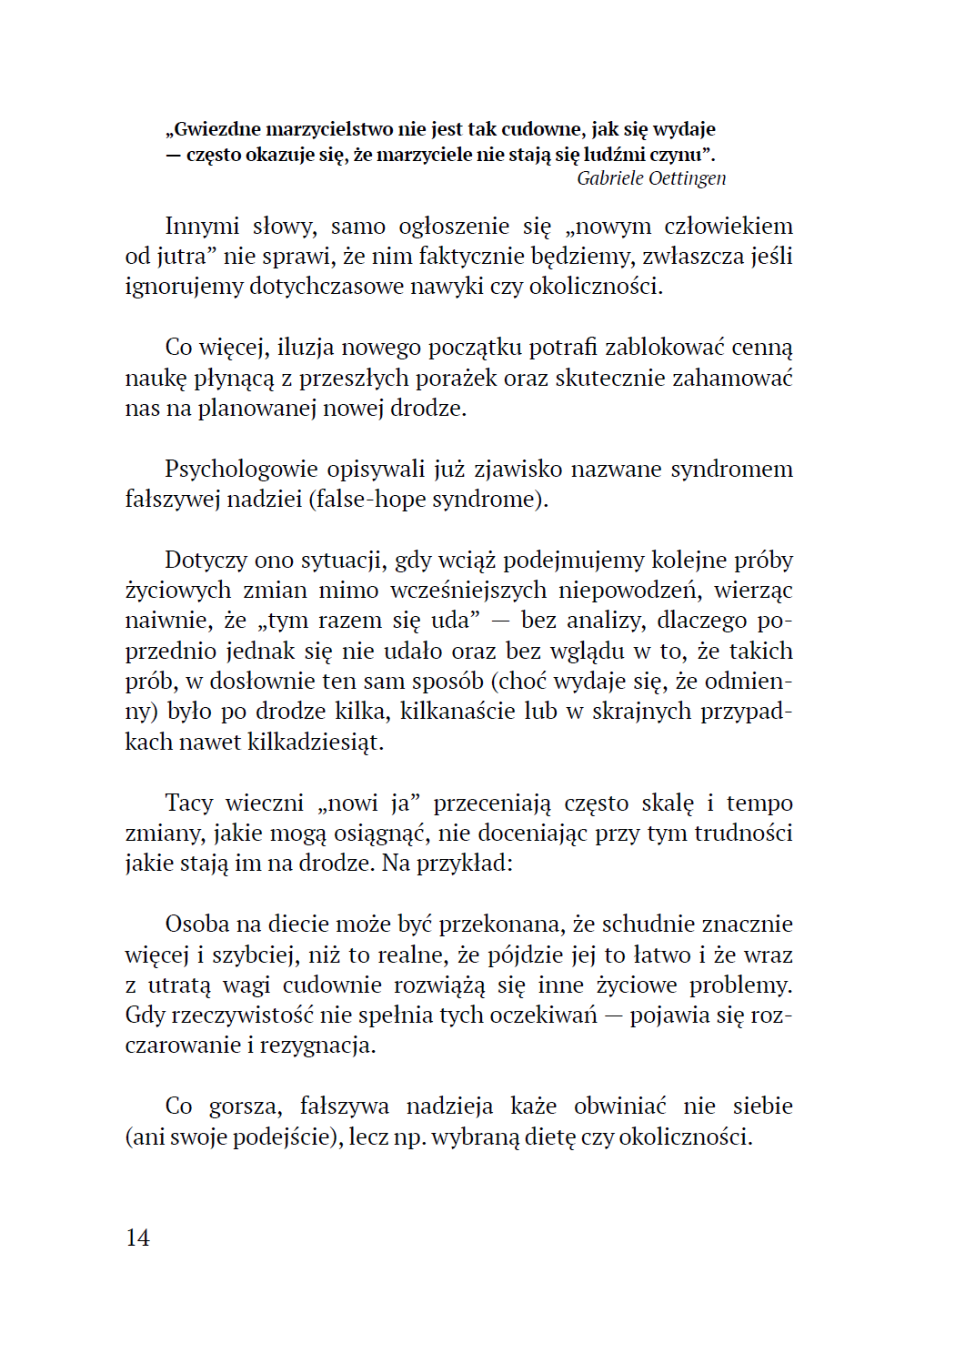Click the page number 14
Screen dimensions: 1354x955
(137, 1238)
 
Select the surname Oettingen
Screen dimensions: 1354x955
(690, 178)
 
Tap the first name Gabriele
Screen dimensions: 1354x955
(612, 178)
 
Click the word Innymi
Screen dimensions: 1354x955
(202, 226)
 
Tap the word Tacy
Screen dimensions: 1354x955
(189, 803)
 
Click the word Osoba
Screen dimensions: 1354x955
(197, 924)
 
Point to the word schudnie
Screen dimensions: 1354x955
(642, 924)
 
